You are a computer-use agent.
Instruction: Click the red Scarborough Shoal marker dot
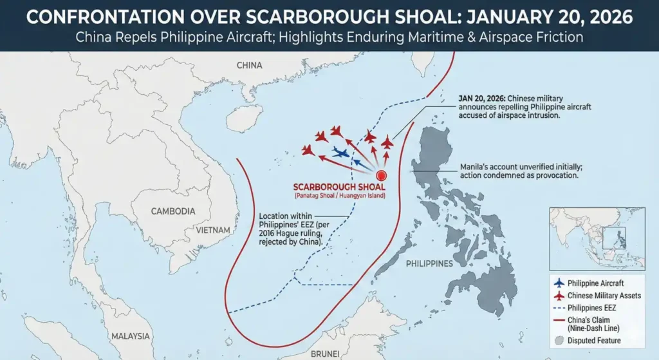click(x=380, y=174)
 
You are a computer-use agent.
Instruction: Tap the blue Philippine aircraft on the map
click(x=342, y=153)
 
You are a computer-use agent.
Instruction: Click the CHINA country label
click(x=249, y=65)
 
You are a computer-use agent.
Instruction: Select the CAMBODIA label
click(x=173, y=211)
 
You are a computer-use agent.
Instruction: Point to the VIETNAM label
click(x=215, y=230)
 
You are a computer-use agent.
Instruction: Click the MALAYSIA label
click(x=130, y=336)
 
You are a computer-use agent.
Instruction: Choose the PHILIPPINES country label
click(x=430, y=264)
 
